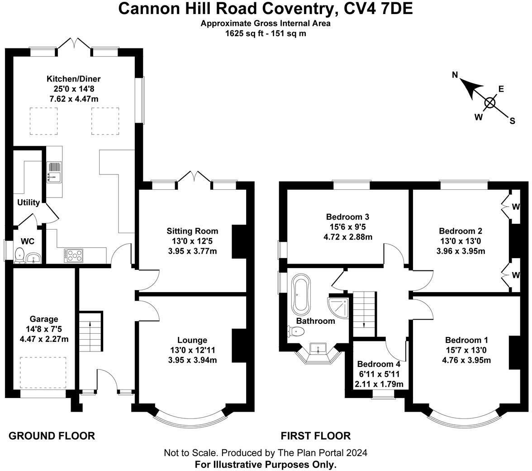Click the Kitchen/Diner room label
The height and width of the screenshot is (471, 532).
tap(73, 79)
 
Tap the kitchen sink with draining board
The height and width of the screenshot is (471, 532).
tap(54, 172)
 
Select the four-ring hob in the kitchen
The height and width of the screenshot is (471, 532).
tap(74, 256)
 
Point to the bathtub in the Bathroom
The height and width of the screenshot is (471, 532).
tap(300, 295)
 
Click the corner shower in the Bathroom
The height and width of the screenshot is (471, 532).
tap(338, 308)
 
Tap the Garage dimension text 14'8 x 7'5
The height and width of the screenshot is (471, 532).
tap(44, 329)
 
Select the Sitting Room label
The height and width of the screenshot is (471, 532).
tap(192, 231)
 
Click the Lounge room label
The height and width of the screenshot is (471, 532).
tap(192, 340)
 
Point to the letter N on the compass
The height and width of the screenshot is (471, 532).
tap(455, 75)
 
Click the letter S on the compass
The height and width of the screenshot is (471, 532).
tap(512, 121)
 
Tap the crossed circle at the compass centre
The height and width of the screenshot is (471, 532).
tap(490, 103)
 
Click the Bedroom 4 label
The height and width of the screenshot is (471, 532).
tap(379, 365)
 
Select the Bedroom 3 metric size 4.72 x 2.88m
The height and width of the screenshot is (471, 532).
tap(348, 237)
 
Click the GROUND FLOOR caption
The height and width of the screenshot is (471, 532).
tap(52, 436)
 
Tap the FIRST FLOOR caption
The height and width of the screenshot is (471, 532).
tap(316, 436)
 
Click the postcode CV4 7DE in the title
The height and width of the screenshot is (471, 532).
tap(378, 9)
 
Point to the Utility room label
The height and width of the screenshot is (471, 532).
tap(28, 202)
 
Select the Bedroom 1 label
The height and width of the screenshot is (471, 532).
tap(466, 340)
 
